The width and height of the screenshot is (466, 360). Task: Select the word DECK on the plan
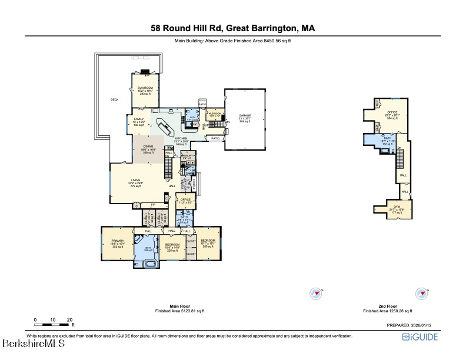tap(115, 99)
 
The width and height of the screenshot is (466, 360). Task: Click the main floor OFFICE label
tap(185, 200)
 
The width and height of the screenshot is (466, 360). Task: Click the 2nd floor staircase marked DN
tap(401, 158)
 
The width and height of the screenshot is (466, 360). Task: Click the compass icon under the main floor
tap(317, 293)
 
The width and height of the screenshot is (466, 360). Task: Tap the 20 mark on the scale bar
tap(70, 320)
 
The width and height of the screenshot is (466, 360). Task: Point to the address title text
tap(232, 28)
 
